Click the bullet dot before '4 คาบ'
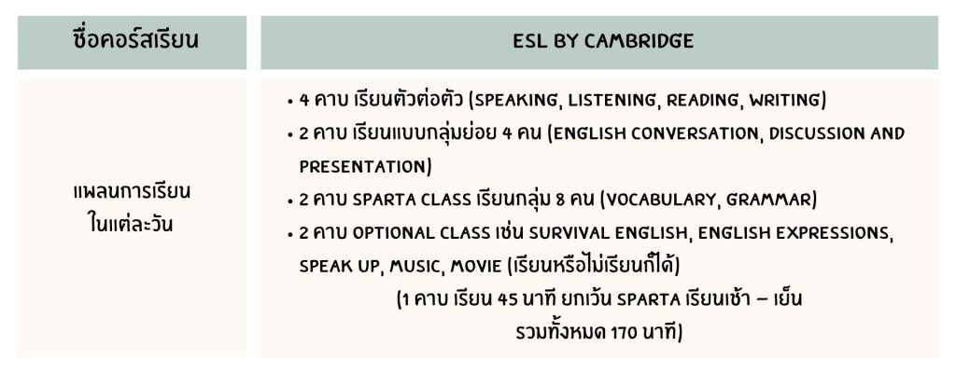(x=291, y=102)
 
